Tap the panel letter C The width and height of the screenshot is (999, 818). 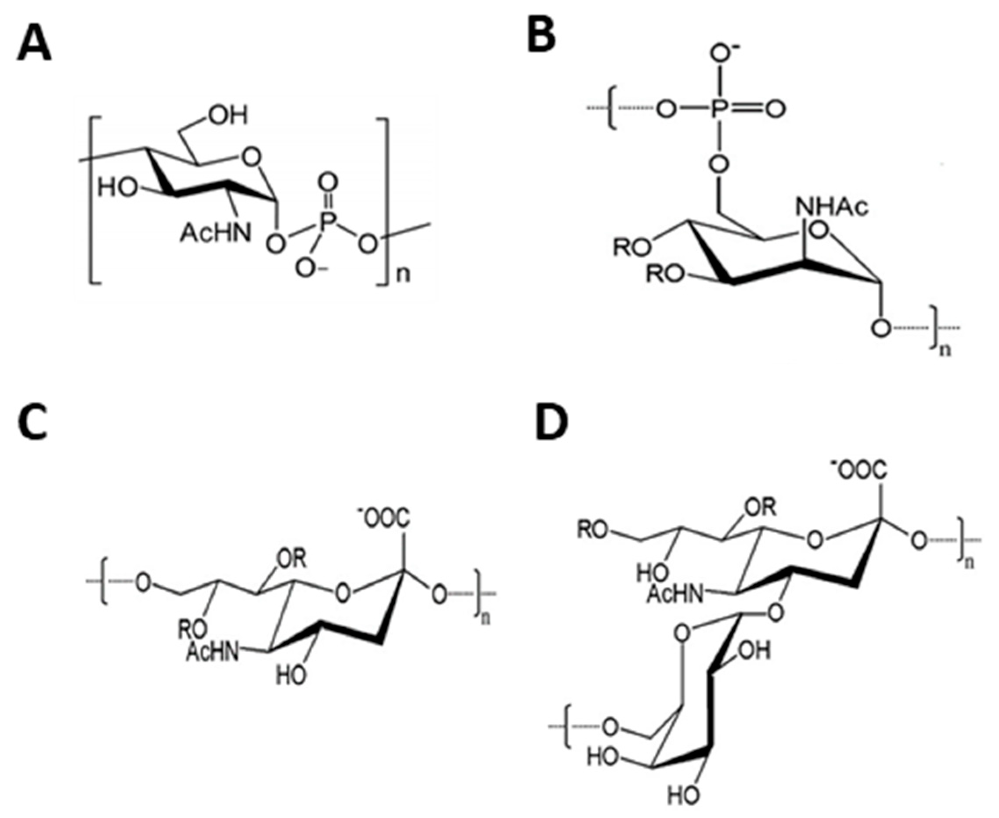tap(32, 423)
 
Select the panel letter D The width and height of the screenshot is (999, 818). tap(552, 423)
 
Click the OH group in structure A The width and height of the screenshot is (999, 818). tap(228, 115)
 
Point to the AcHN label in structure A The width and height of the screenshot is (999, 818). tap(215, 233)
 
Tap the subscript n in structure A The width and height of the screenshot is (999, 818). tap(403, 275)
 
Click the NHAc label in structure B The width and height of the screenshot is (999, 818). tap(832, 207)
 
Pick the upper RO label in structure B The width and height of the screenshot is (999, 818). tap(631, 247)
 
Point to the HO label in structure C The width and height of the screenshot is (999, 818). tap(290, 677)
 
